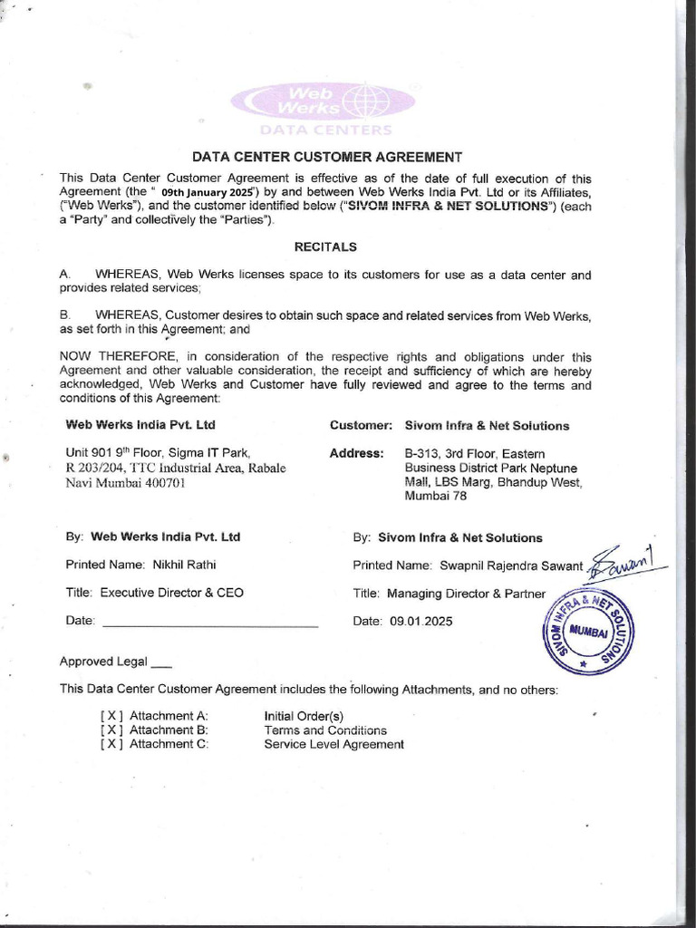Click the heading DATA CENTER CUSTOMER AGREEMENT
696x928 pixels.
click(x=326, y=157)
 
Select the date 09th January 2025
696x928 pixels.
click(x=205, y=193)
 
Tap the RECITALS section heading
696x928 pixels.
click(x=325, y=246)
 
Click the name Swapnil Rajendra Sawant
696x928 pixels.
click(x=511, y=565)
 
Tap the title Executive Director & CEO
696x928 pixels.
click(x=171, y=593)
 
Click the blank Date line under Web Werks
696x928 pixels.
click(x=209, y=624)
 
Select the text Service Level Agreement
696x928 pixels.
click(x=333, y=744)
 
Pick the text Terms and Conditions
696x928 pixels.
click(x=325, y=730)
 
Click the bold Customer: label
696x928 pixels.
click(x=361, y=425)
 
